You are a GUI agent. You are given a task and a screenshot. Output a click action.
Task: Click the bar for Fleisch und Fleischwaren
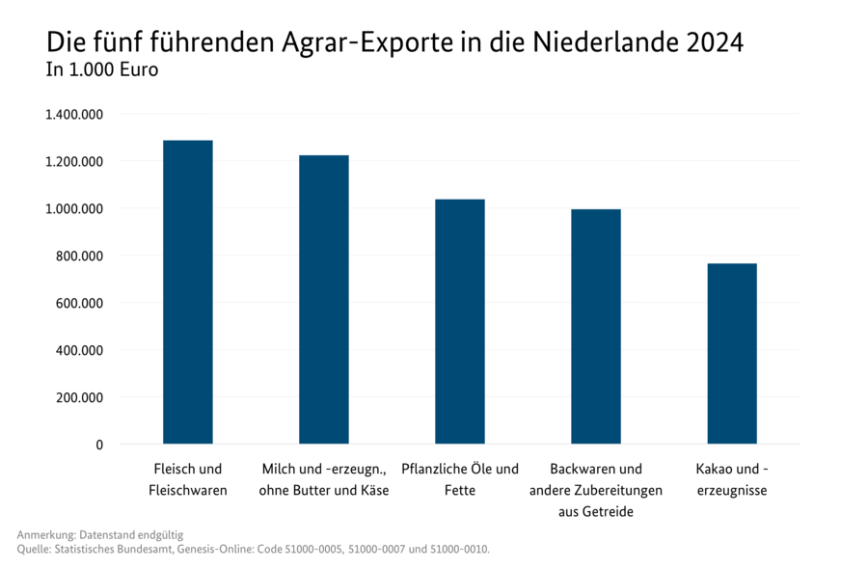[x=187, y=292]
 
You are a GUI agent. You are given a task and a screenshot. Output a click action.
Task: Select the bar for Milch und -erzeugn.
[x=323, y=299]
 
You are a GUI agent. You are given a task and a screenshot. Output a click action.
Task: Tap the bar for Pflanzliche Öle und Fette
[x=459, y=321]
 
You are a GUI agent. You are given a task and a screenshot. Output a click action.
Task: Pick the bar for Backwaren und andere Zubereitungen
[x=595, y=326]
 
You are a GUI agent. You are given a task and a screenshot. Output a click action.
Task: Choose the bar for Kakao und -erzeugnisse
[x=732, y=353]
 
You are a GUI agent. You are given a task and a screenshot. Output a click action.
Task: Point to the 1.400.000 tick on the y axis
[x=74, y=115]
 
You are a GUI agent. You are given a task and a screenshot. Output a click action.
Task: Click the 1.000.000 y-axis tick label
[x=74, y=209]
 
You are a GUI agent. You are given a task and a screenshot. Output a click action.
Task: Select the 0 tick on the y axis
[x=99, y=445]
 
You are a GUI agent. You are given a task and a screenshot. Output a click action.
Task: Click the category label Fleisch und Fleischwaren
[x=187, y=479]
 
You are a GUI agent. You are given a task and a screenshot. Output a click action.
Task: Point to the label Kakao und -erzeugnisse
[x=732, y=479]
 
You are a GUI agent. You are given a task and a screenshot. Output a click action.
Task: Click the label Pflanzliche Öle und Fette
[x=459, y=479]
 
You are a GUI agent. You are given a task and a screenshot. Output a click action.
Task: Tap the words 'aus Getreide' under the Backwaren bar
[x=595, y=511]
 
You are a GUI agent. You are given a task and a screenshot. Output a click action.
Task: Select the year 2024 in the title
[x=717, y=43]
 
